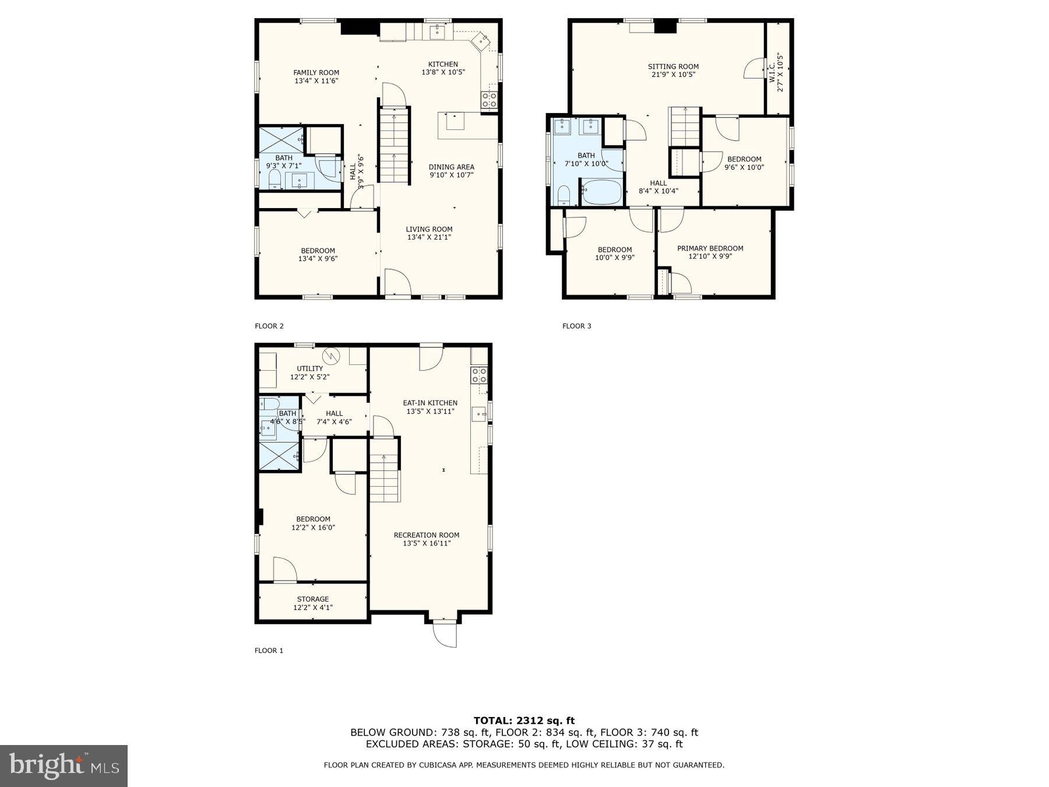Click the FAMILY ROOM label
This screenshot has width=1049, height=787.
coord(316,73)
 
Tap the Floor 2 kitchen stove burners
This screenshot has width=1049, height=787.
coord(488,101)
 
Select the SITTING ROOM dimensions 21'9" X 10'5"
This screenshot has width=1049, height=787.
coord(673,75)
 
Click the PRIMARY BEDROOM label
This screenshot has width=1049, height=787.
coord(710,248)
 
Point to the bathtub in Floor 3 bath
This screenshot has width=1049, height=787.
coord(601,192)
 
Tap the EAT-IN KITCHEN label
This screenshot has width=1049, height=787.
coord(430,403)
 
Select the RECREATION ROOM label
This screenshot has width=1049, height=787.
coord(427,535)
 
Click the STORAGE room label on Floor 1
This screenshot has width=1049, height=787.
coord(313,599)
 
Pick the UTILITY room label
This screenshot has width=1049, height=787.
coord(309,368)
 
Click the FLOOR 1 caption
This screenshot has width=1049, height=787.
coord(269,651)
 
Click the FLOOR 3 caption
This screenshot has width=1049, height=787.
coord(576,326)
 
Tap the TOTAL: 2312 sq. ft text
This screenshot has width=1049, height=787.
coord(524,721)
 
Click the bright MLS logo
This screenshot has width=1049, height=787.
coord(64,765)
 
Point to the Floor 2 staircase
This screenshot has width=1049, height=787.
coord(395,146)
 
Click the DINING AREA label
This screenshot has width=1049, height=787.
coord(452,167)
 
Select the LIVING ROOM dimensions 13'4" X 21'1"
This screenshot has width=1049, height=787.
coord(429,237)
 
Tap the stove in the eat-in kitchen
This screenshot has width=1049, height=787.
coord(479,375)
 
